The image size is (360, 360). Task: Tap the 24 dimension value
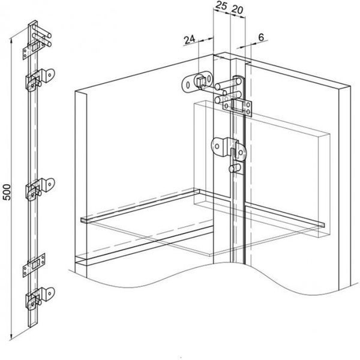pyautogui.click(x=190, y=40)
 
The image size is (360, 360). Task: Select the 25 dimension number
pyautogui.click(x=221, y=5)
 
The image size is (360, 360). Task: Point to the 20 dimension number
pyautogui.click(x=237, y=10)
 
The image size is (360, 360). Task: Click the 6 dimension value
pyautogui.click(x=261, y=37)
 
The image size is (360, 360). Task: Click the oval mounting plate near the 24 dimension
pyautogui.click(x=197, y=82)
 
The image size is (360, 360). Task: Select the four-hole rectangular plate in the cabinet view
pyautogui.click(x=238, y=107)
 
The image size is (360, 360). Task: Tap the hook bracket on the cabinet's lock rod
pyautogui.click(x=229, y=149)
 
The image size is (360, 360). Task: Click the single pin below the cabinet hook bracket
pyautogui.click(x=235, y=168)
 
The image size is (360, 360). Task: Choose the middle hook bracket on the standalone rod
pyautogui.click(x=40, y=188)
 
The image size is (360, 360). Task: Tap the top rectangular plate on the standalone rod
pyautogui.click(x=34, y=50)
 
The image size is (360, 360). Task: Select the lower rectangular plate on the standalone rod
pyautogui.click(x=34, y=265)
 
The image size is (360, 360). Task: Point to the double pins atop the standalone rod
pyautogui.click(x=42, y=35)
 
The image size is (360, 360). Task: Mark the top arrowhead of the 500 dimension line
pyautogui.click(x=10, y=40)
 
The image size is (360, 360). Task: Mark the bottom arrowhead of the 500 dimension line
pyautogui.click(x=10, y=338)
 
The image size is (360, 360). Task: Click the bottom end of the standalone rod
pyautogui.click(x=32, y=324)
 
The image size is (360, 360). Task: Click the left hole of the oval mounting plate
pyautogui.click(x=188, y=85)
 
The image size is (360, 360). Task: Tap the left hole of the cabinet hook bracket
pyautogui.click(x=217, y=146)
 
